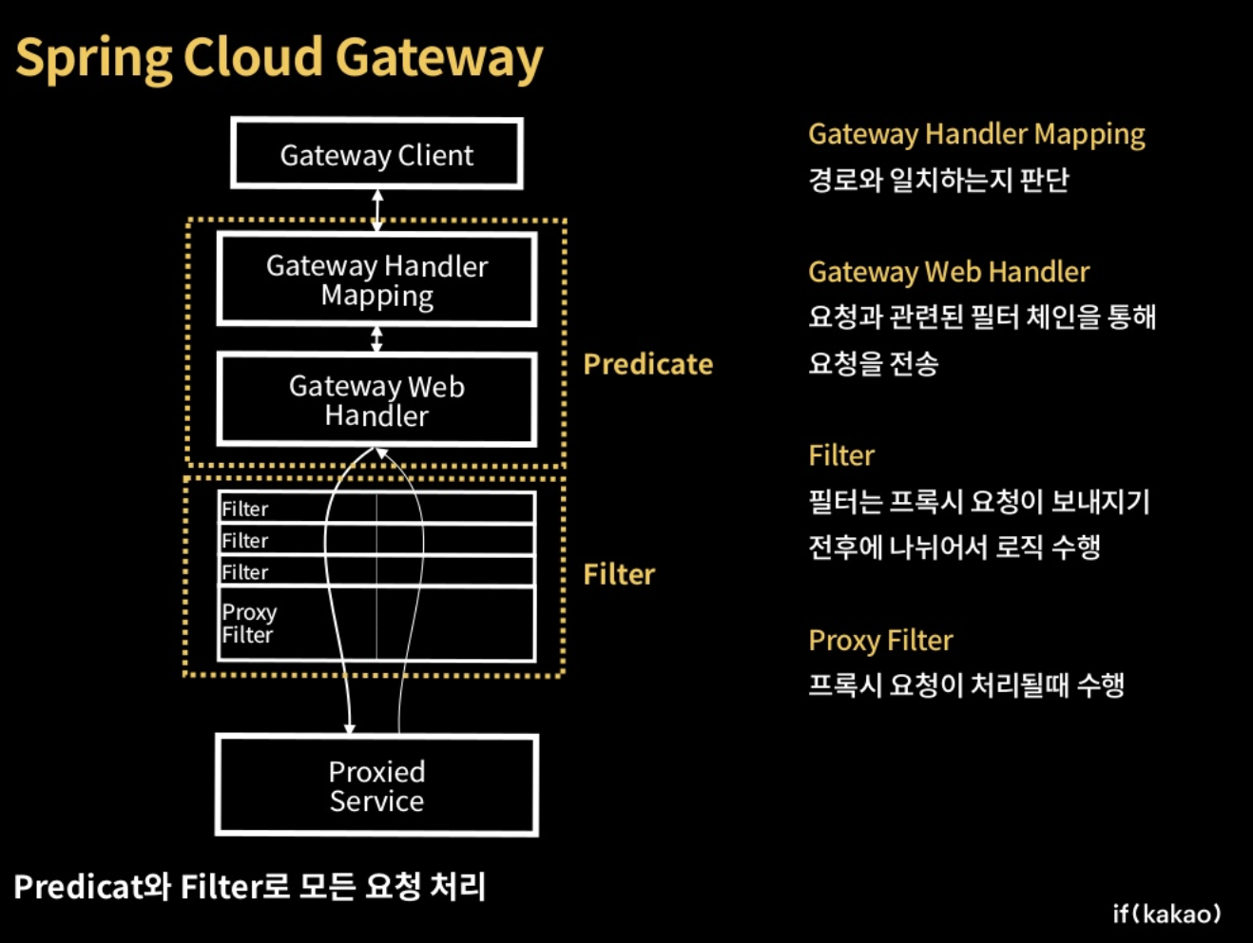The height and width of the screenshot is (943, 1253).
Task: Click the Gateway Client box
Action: [x=376, y=154]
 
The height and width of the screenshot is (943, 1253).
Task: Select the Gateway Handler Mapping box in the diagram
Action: [x=376, y=280]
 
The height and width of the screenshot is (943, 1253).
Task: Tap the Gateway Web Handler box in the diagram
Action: [x=376, y=400]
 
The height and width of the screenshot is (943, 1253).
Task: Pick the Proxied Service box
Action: [x=376, y=786]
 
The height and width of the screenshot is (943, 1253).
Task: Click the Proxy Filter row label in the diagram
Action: [x=249, y=624]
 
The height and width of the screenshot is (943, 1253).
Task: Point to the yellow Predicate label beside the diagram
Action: [x=647, y=364]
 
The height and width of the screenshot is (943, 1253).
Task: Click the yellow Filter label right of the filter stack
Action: [x=619, y=574]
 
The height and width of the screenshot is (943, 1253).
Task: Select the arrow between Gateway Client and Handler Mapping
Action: [x=377, y=210]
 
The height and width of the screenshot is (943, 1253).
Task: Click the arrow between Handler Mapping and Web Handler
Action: [x=377, y=339]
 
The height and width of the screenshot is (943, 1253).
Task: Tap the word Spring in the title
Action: [x=93, y=59]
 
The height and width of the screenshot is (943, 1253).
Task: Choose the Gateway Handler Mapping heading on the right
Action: [x=976, y=135]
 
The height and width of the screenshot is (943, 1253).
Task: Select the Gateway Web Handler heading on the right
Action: [x=948, y=273]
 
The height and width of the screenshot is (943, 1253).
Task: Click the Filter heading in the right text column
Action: [x=841, y=455]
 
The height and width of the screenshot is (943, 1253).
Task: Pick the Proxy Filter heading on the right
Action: [x=880, y=641]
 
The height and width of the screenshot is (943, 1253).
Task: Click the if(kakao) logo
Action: [x=1166, y=914]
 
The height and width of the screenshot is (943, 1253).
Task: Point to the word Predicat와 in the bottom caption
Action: [x=92, y=887]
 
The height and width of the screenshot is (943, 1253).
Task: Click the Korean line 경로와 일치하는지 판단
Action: [x=938, y=180]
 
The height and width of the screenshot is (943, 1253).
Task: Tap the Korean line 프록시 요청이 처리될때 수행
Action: [x=966, y=684]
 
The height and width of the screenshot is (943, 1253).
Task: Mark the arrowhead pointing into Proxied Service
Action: [x=350, y=728]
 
